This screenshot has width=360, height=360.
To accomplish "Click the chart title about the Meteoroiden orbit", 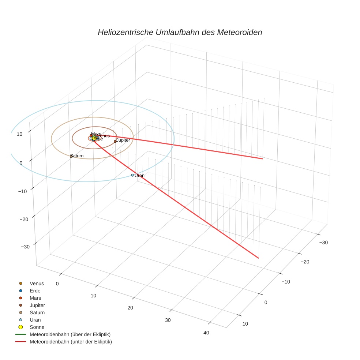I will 180,32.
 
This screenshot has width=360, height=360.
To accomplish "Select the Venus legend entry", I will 37,284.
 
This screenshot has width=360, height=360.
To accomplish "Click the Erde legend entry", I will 35,291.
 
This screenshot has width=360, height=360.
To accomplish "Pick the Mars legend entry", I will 35,298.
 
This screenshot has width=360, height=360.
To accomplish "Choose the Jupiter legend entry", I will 37,305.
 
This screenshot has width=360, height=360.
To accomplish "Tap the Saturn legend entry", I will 37,312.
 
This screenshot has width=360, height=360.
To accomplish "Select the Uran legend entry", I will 35,320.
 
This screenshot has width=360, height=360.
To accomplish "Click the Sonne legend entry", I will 37,327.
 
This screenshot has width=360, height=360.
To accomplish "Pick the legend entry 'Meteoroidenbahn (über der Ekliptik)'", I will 70,334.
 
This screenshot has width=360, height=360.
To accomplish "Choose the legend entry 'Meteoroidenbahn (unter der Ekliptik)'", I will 71,342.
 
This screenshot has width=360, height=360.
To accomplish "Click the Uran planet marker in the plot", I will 132,175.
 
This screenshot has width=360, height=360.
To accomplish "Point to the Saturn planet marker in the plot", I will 71,156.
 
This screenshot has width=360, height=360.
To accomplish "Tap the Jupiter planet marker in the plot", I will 115,141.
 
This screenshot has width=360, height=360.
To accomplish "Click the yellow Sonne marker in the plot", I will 94,138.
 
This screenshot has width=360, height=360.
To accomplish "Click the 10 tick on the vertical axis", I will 19,134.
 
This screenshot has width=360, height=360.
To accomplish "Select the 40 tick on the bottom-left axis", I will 206,333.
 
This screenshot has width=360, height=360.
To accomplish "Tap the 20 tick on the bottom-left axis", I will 130,308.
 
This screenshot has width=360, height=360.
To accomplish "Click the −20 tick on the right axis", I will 305,261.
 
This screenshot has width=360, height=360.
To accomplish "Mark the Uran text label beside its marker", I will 139,176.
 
